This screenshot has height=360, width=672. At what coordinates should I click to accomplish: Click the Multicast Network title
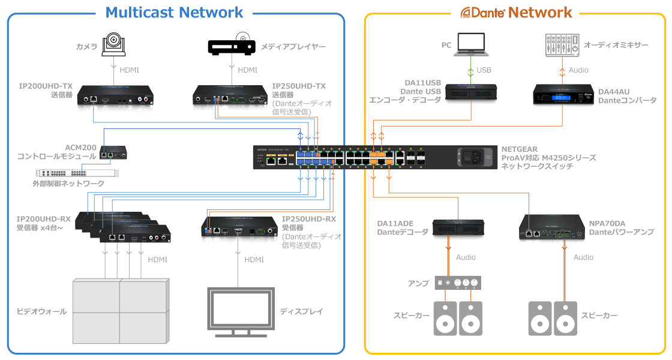click(x=174, y=13)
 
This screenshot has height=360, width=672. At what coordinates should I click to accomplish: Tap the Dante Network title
click(x=516, y=13)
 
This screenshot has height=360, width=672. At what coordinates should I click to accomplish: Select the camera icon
click(x=113, y=44)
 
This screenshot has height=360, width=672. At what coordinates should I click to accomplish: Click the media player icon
click(x=232, y=44)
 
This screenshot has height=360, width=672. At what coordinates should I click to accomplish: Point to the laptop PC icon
click(x=471, y=44)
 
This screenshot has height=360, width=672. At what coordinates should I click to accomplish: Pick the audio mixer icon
click(x=562, y=45)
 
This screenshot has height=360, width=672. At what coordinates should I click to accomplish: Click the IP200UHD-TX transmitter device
click(x=115, y=95)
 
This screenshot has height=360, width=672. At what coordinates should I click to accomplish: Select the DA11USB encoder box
click(x=471, y=92)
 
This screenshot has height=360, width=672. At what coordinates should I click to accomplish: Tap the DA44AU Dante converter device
click(x=563, y=94)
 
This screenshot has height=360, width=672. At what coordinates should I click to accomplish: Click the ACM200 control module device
click(x=113, y=152)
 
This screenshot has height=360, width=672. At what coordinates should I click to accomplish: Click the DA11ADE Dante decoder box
click(x=458, y=227)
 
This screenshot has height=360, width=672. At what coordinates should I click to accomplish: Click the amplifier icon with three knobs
click(x=458, y=283)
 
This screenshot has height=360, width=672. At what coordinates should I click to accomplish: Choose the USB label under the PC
click(x=484, y=70)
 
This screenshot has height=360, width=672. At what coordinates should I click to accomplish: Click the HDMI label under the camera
click(x=129, y=70)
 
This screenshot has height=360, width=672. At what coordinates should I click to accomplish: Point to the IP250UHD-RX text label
click(x=308, y=219)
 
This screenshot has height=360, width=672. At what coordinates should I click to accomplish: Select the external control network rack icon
click(x=77, y=173)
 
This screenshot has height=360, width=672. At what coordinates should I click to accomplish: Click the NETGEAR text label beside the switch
click(x=520, y=149)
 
